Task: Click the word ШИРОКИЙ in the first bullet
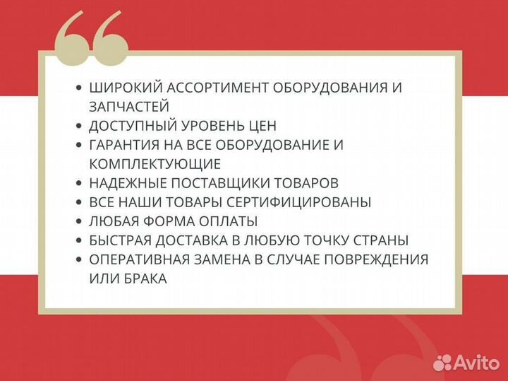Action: (x=123, y=88)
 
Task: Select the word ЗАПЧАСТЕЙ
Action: (x=129, y=107)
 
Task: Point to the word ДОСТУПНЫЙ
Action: (x=131, y=126)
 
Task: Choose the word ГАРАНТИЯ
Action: (x=126, y=145)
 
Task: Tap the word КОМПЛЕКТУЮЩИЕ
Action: (x=155, y=164)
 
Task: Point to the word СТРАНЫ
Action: (x=381, y=240)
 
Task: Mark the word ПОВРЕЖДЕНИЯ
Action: (x=374, y=259)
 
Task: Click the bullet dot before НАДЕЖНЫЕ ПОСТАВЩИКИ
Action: (x=79, y=184)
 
